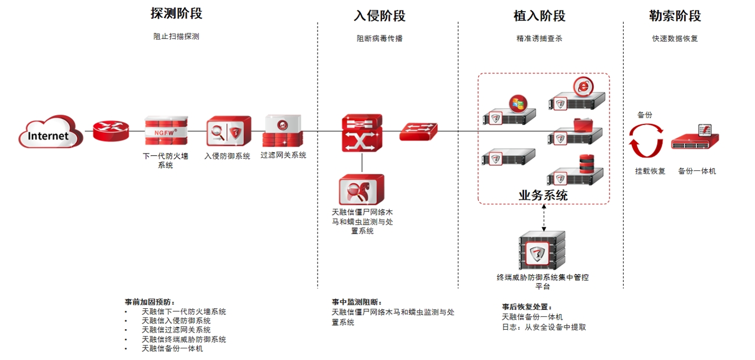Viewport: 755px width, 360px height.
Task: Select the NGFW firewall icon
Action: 166,131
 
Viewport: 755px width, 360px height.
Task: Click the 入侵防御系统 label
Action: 227,156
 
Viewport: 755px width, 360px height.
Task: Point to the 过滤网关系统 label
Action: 283,155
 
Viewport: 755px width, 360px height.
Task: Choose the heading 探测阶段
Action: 176,13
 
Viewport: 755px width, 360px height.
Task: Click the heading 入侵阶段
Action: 379,16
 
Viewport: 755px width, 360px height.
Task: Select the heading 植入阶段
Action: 539,16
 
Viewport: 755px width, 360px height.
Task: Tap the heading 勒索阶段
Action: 675,16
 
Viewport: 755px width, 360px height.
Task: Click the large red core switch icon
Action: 362,133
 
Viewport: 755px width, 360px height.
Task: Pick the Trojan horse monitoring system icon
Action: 361,189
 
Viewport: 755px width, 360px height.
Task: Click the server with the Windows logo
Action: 509,111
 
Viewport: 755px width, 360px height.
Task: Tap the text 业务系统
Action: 543,195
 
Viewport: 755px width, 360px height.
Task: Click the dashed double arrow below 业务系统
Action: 543,216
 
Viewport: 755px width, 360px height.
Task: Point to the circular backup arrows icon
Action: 646,141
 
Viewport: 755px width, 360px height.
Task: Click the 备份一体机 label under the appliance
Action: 697,171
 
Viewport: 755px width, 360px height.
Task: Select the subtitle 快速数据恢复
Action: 675,38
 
